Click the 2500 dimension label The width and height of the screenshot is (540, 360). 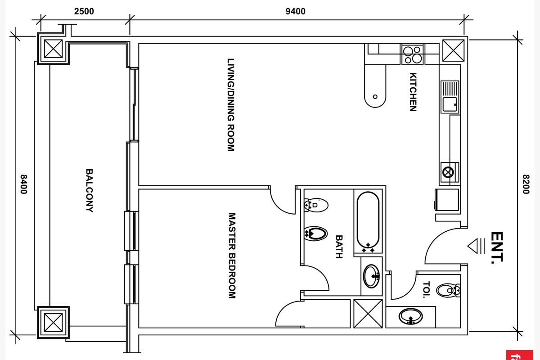[84, 11]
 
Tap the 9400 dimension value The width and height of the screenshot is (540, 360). [295, 11]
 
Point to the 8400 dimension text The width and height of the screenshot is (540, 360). [23, 184]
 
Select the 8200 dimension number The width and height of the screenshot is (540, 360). [526, 184]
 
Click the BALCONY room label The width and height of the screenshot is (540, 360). [90, 190]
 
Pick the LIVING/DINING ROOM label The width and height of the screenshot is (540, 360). [231, 105]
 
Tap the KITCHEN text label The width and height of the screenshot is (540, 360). [413, 92]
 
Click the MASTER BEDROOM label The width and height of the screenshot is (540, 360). [232, 256]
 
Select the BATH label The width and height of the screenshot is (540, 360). [339, 247]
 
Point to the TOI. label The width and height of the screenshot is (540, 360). [427, 289]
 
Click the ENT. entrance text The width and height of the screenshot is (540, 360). [497, 247]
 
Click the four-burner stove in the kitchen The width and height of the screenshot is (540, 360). [412, 54]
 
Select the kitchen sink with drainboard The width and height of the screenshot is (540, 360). [450, 97]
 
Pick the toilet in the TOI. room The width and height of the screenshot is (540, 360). [448, 290]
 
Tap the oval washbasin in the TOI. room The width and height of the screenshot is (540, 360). [410, 316]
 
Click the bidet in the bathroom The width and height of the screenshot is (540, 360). [315, 234]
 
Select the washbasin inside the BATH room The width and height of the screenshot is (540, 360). [372, 276]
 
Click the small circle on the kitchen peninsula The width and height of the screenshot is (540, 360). [375, 97]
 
